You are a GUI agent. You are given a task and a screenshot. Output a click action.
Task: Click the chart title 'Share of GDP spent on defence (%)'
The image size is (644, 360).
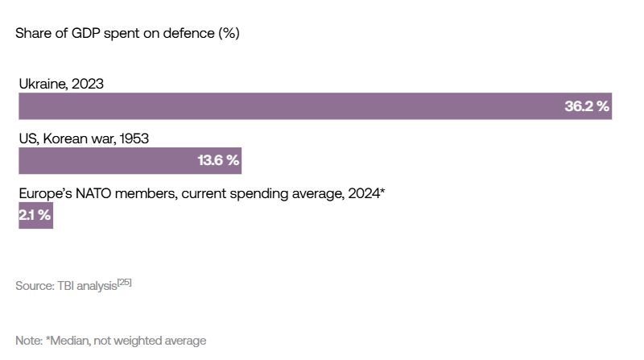tap(127, 34)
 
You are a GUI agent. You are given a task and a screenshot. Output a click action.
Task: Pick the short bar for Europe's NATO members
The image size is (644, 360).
tap(35, 215)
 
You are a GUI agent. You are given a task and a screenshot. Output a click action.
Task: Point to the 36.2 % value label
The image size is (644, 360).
tap(586, 106)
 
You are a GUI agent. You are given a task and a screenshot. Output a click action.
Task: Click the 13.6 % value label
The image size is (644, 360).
tap(218, 160)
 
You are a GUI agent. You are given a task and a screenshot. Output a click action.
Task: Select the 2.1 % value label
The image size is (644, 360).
tap(35, 215)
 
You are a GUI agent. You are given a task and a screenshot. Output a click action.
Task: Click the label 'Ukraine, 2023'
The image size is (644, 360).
tap(61, 84)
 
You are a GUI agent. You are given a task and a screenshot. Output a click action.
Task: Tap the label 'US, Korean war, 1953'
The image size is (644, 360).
tap(84, 139)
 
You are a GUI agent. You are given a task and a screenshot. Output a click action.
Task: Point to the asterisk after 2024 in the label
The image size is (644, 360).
tap(382, 192)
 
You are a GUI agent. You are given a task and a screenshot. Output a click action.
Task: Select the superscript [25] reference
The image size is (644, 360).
tap(124, 282)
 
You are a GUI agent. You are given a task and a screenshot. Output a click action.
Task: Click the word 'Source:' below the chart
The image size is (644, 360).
tap(35, 286)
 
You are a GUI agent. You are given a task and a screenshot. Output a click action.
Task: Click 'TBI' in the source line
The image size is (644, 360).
tap(68, 286)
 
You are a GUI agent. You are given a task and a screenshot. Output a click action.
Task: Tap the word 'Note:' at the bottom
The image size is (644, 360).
tap(30, 341)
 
